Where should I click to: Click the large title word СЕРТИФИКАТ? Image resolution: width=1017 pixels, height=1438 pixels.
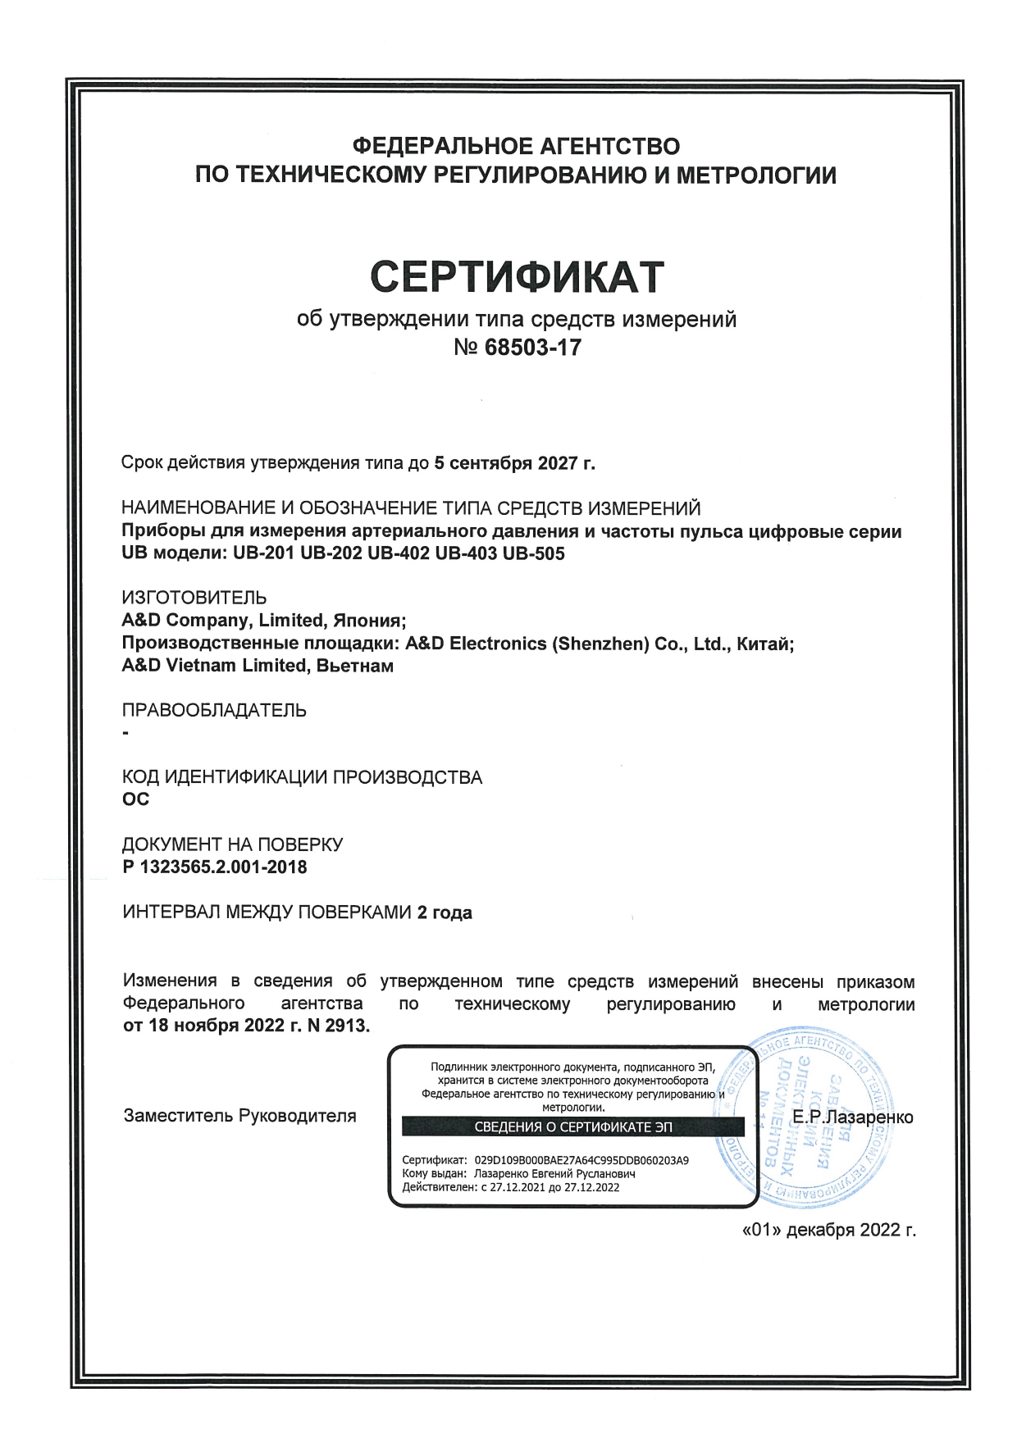[x=516, y=276]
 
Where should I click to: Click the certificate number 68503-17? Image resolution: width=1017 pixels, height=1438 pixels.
[x=532, y=348]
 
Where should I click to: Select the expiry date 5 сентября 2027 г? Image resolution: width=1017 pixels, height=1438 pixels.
[x=514, y=463]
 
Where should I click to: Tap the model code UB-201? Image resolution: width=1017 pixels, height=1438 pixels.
[x=263, y=553]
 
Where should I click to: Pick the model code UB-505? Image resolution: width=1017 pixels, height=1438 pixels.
[x=533, y=553]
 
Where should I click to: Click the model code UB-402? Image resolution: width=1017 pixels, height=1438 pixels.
[x=399, y=553]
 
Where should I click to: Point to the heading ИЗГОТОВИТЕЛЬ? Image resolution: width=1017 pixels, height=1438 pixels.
[x=194, y=598]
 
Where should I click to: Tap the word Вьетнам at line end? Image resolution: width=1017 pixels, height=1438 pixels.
[x=354, y=666]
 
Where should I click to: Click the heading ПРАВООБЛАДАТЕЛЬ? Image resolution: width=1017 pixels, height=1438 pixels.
[x=214, y=710]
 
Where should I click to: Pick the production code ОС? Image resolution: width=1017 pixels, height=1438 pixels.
[x=135, y=799]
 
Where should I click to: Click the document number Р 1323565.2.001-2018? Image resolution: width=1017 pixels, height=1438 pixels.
[x=214, y=867]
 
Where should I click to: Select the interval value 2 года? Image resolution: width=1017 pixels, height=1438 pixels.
[x=445, y=912]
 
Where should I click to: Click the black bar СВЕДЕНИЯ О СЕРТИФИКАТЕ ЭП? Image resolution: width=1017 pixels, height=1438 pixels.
[x=572, y=1127]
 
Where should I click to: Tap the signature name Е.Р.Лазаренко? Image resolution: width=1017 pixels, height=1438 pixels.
[x=853, y=1117]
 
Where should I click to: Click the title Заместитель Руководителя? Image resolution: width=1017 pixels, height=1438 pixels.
[x=239, y=1116]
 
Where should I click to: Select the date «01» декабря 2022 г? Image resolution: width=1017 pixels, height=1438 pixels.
[x=828, y=1230]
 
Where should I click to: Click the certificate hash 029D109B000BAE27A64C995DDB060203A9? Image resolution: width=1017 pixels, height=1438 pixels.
[x=581, y=1161]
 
